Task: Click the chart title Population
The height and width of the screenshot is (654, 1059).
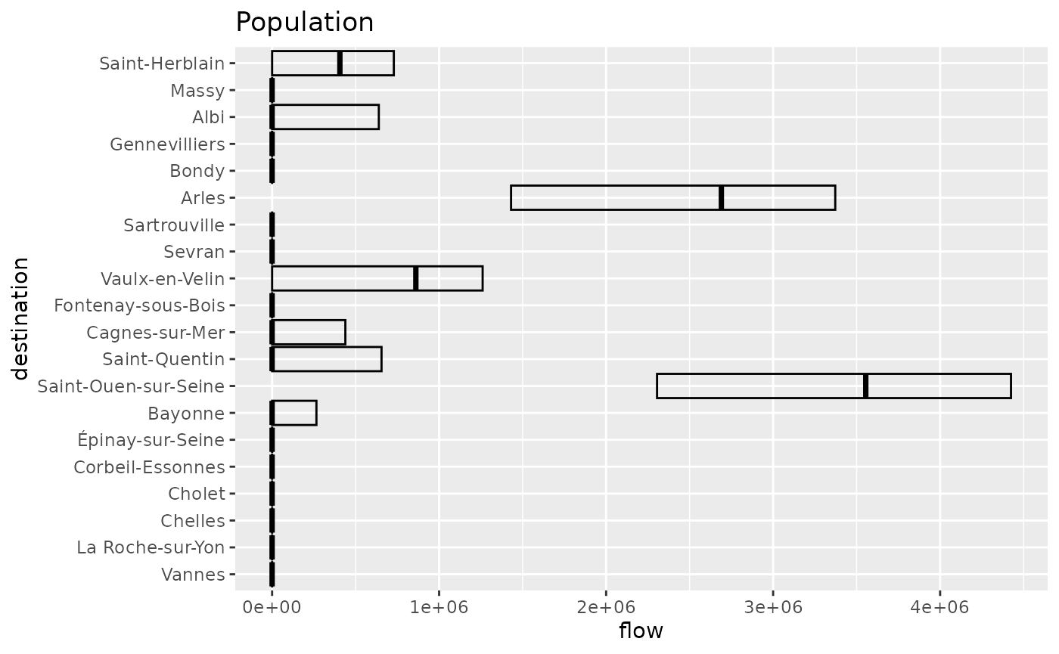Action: (304, 22)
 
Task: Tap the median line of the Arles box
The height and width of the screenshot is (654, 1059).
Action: (721, 197)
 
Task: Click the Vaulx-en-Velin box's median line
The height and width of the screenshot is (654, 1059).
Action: (416, 278)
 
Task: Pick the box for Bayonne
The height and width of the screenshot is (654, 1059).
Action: (295, 413)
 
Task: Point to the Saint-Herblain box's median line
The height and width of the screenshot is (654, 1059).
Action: (340, 64)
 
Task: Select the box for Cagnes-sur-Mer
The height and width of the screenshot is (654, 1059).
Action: (310, 332)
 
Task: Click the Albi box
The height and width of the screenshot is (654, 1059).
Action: (325, 117)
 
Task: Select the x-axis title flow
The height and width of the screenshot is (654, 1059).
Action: (641, 631)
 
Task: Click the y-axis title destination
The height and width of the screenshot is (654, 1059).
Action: (20, 318)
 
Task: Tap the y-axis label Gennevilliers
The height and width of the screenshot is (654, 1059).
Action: (167, 144)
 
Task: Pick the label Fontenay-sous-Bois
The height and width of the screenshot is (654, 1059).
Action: (140, 305)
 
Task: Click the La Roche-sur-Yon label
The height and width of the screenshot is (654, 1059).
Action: (151, 547)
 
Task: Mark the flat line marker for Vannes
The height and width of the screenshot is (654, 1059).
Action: (272, 575)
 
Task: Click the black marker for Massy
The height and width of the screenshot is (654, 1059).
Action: (272, 91)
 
